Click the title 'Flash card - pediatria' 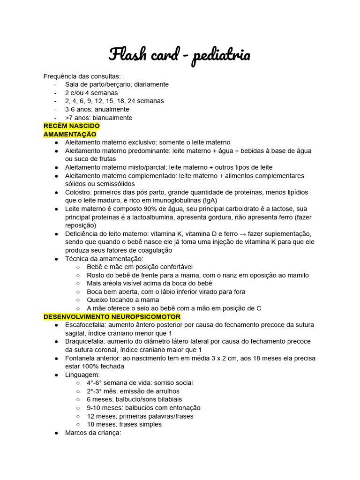[180, 55]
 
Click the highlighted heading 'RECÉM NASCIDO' [72, 126]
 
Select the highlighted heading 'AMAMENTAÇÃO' [70, 135]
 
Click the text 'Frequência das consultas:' [82, 76]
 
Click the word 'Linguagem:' [82, 375]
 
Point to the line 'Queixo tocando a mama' [123, 300]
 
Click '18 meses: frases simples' [124, 424]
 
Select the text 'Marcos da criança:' [93, 433]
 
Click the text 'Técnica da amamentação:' [104, 259]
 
